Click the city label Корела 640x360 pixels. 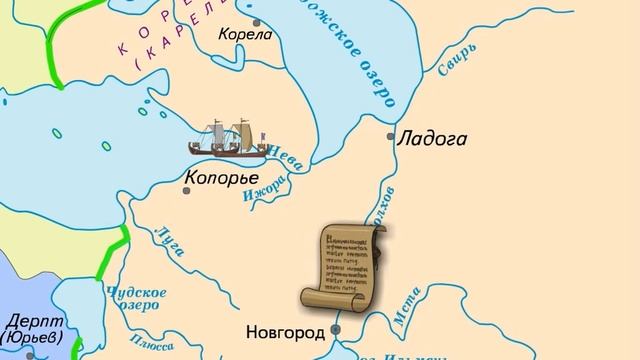pyautogui.click(x=245, y=33)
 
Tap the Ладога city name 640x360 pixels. pyautogui.click(x=432, y=140)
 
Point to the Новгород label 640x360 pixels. pyautogui.click(x=285, y=330)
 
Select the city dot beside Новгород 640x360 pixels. pyautogui.click(x=338, y=328)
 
